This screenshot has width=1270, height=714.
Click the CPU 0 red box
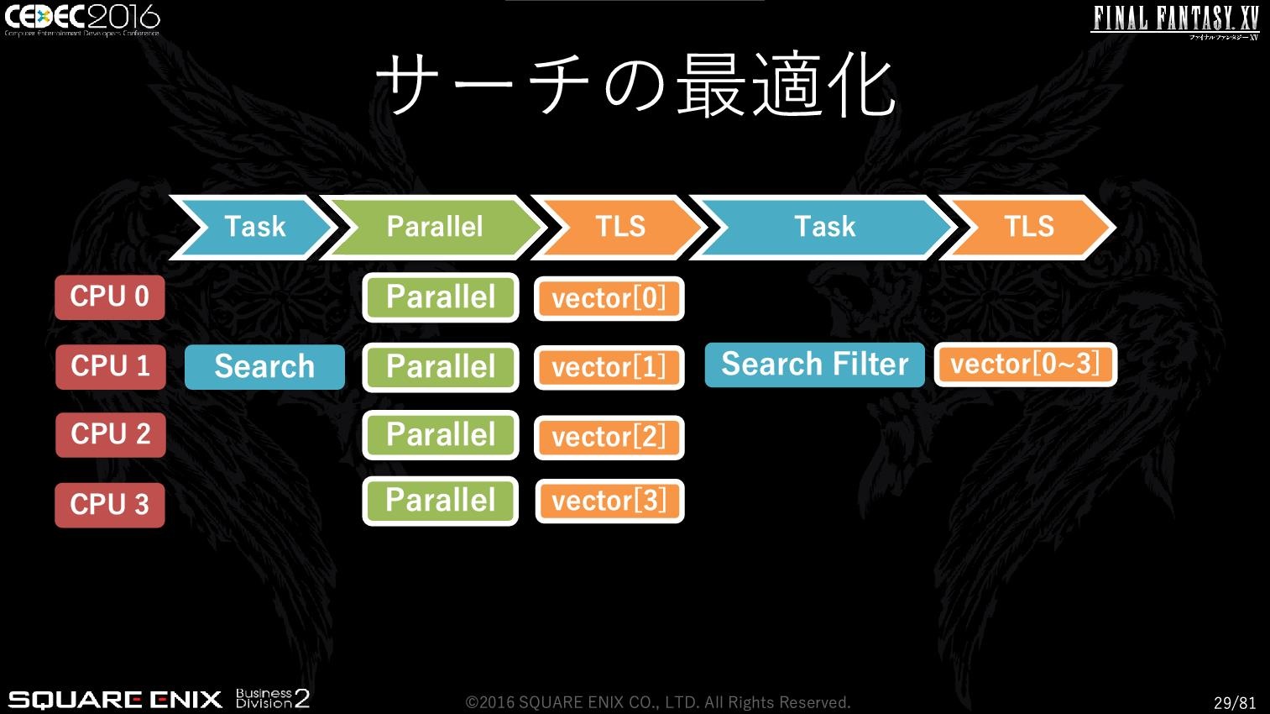[110, 297]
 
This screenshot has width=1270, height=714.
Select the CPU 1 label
[111, 366]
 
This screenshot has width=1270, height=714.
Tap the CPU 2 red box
[111, 435]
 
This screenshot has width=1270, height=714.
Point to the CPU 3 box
[110, 505]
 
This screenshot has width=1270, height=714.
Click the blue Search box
[264, 366]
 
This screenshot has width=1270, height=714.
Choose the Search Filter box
[815, 365]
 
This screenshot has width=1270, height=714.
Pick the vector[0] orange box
[609, 299]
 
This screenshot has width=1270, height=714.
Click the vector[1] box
[609, 367]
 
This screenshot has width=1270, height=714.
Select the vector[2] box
[609, 437]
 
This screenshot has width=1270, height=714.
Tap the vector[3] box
[610, 501]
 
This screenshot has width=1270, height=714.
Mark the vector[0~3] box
[1026, 365]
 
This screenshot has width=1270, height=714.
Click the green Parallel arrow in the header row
[434, 227]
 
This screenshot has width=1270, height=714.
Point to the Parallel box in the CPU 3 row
[441, 501]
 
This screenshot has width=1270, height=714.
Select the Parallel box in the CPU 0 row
[441, 297]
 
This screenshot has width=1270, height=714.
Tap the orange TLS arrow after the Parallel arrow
[619, 227]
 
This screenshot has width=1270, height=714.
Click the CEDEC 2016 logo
[82, 19]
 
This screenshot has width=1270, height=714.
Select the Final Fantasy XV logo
[1174, 23]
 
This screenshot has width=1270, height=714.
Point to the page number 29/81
[1235, 702]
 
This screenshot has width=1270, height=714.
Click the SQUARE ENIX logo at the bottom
[115, 700]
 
